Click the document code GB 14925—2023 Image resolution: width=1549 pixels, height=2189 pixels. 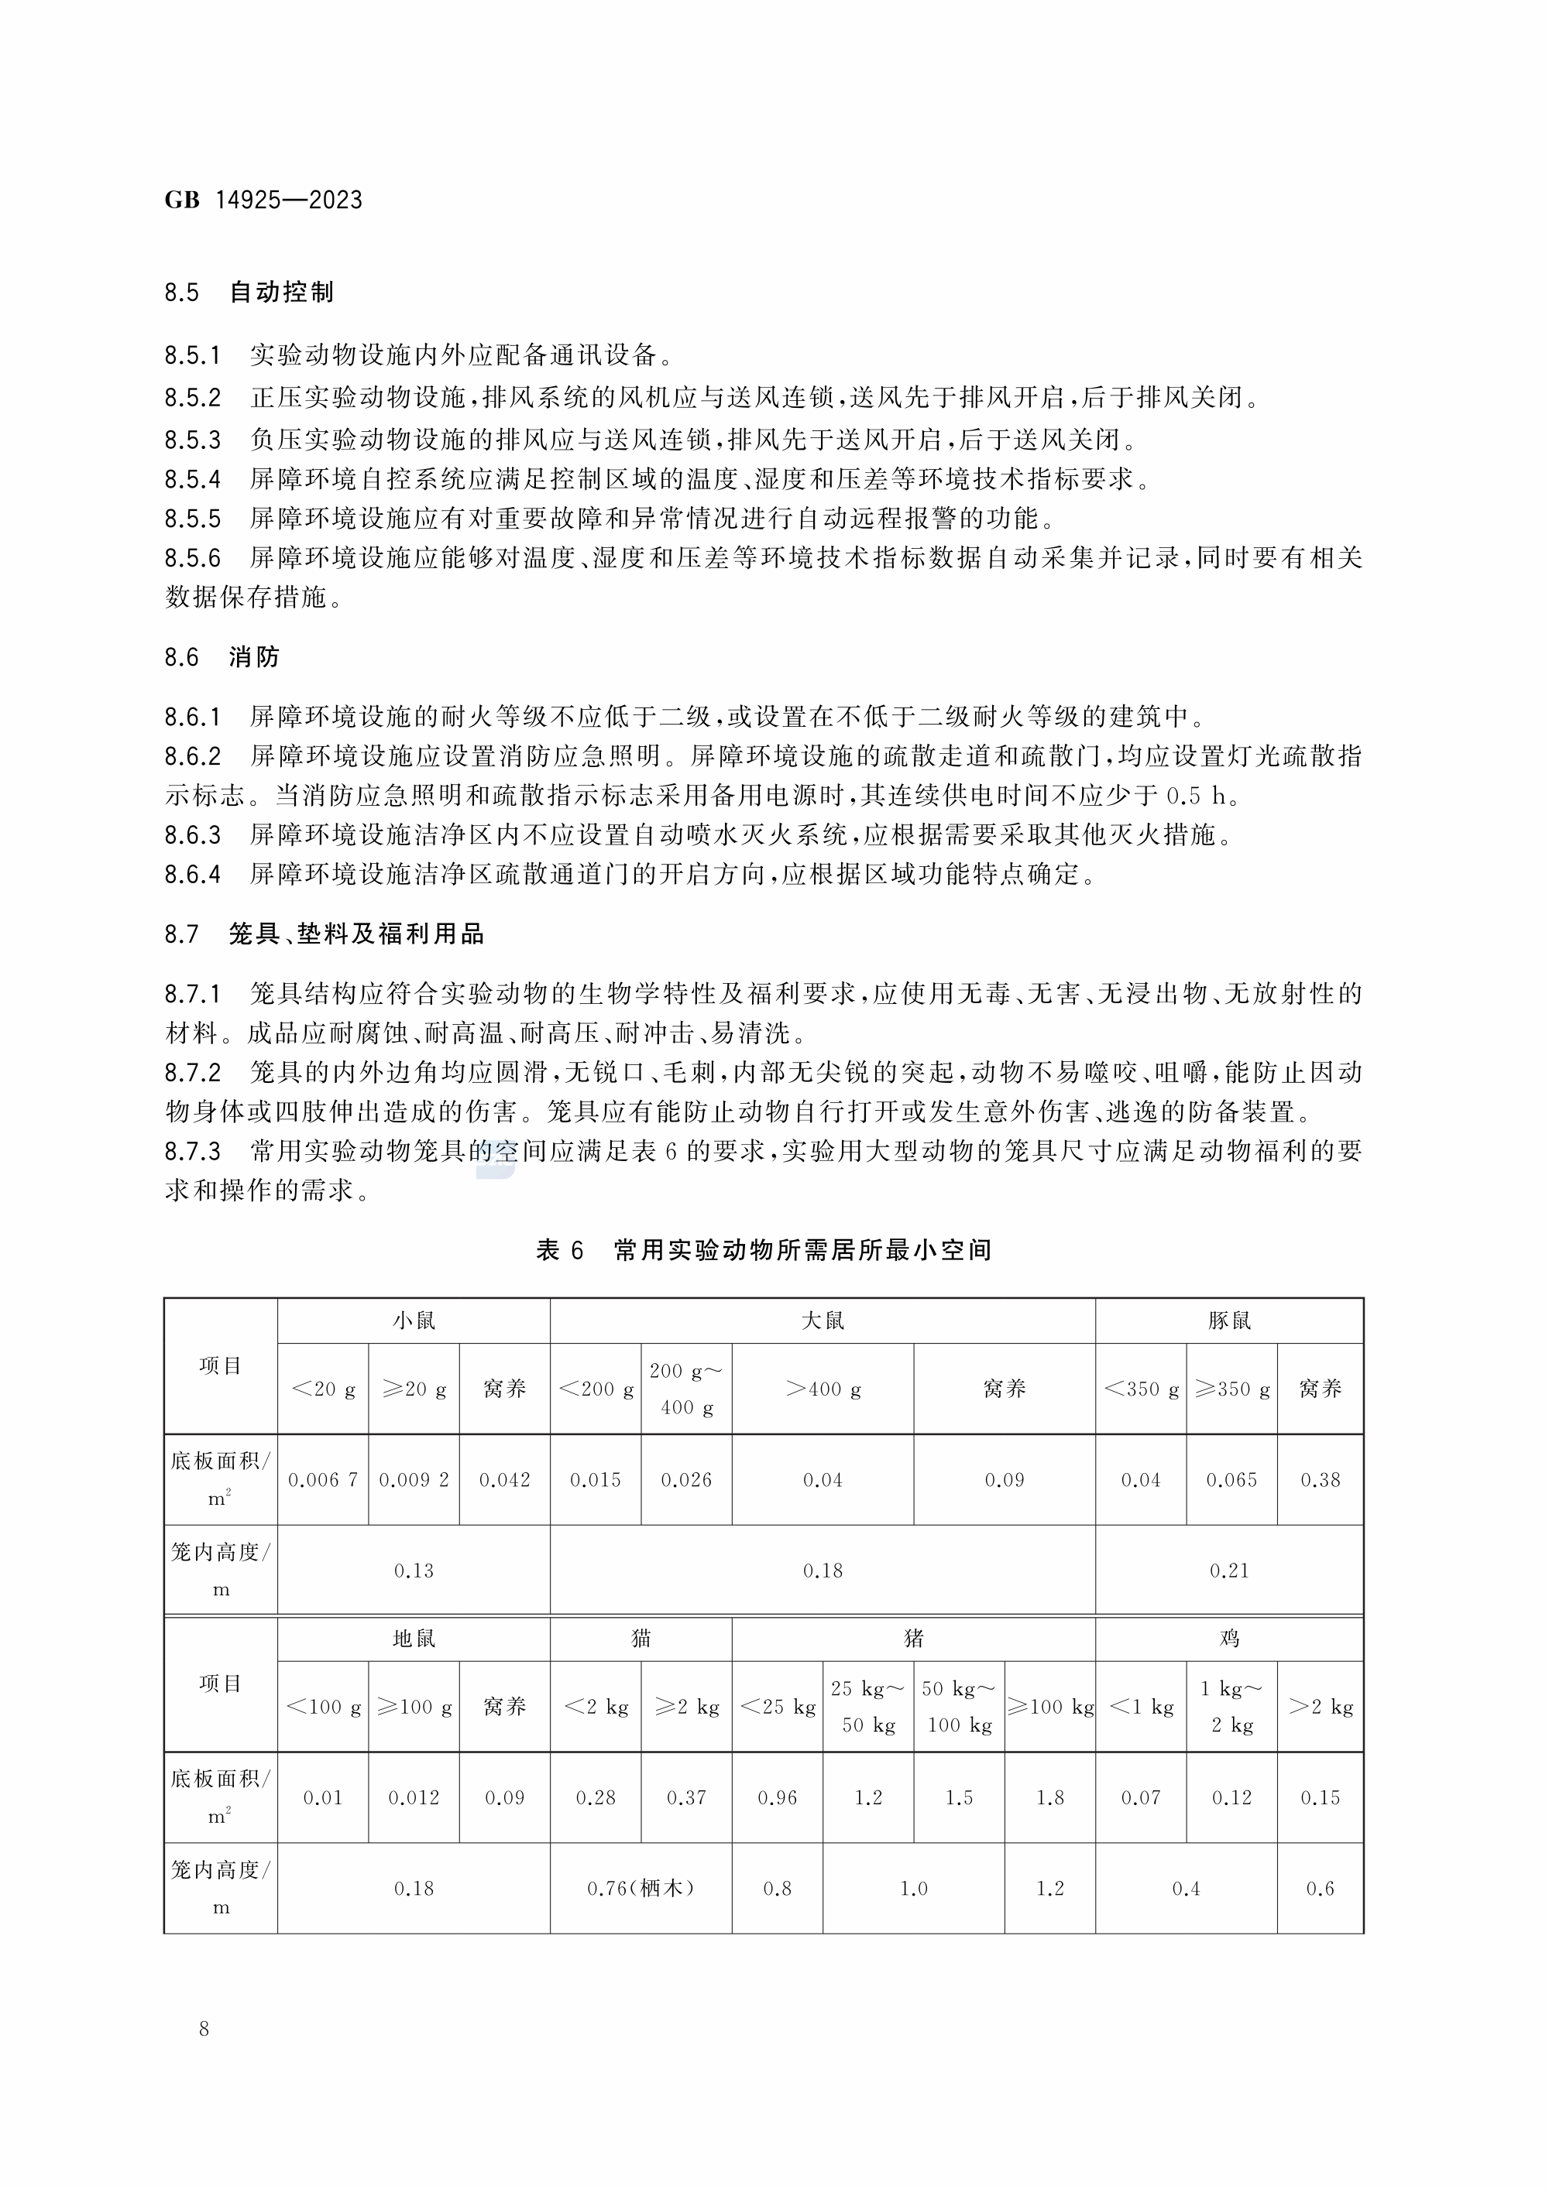tap(263, 200)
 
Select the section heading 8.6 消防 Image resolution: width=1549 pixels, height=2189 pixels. tap(222, 657)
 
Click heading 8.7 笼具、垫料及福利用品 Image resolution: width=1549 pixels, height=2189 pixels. tap(325, 933)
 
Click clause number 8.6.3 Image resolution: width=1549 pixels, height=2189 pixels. tap(193, 834)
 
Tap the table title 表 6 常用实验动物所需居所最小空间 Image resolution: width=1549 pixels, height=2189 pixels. tap(764, 1250)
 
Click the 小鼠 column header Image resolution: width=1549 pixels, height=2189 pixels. tap(414, 1321)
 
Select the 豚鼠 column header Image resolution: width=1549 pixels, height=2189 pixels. tap(1228, 1321)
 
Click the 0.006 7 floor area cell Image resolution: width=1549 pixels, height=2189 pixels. tap(322, 1480)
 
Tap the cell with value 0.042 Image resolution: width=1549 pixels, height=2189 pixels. tap(504, 1480)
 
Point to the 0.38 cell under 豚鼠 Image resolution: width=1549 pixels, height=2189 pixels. tap(1320, 1480)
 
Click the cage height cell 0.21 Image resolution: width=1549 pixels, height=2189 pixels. tap(1228, 1571)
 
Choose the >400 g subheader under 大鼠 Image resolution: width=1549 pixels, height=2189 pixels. tap(823, 1389)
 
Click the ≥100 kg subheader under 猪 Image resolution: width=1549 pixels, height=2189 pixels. tap(1050, 1707)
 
